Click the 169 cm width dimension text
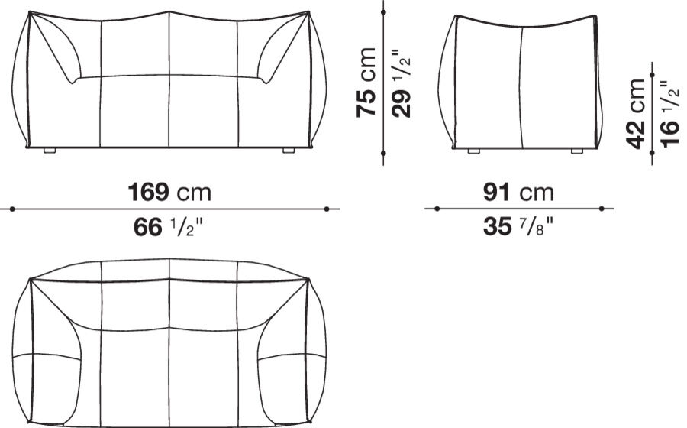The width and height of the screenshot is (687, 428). coord(169,192)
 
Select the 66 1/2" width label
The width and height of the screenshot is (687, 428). coord(169,227)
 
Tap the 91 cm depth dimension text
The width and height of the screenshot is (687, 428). coord(518,192)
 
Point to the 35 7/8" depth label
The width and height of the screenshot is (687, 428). coord(518,227)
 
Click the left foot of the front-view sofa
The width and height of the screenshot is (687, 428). coord(50,151)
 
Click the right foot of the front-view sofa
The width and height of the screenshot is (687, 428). coord(289,151)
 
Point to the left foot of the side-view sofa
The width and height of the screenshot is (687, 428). coord(474,151)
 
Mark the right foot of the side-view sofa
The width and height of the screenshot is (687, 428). coord(577,151)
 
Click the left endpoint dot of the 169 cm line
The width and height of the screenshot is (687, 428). coord(11,208)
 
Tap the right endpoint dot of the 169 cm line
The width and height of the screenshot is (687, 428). coord(326,208)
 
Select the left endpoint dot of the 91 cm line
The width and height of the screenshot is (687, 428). coord(436,208)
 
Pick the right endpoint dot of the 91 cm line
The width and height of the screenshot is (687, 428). coord(602,208)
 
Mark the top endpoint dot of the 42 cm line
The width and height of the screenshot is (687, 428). coord(652,74)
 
